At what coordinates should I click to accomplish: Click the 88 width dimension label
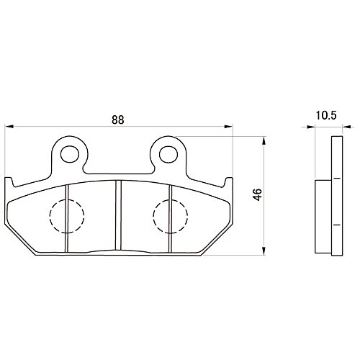click(118, 120)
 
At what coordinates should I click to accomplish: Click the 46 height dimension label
click(257, 194)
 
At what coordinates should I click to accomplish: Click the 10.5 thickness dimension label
click(326, 116)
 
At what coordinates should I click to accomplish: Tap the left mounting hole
click(70, 154)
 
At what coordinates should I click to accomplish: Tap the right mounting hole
click(168, 154)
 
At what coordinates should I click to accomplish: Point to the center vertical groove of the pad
click(118, 215)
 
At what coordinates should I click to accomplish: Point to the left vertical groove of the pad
click(67, 218)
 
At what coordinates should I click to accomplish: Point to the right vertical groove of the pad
click(171, 218)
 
